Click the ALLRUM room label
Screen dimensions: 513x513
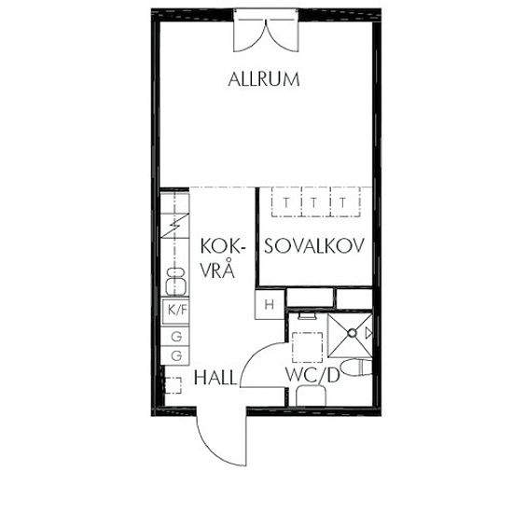point(264,79)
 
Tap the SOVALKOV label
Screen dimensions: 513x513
point(314,245)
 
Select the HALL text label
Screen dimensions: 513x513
point(215,378)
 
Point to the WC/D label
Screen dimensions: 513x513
point(312,375)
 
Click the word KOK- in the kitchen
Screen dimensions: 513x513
point(223,246)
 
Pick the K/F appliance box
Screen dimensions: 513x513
point(176,311)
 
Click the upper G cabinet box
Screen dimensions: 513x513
point(175,336)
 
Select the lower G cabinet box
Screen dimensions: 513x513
point(175,355)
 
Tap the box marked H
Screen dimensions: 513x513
point(270,305)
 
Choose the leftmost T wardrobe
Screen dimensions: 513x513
point(286,201)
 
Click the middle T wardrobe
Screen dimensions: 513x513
point(315,201)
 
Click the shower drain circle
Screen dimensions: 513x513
point(352,333)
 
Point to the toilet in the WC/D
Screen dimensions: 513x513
point(356,367)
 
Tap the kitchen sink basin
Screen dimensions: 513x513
point(175,282)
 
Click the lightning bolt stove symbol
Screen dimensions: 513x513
point(175,226)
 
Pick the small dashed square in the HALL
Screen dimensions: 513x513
point(173,385)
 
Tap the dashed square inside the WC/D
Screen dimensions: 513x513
point(307,347)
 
